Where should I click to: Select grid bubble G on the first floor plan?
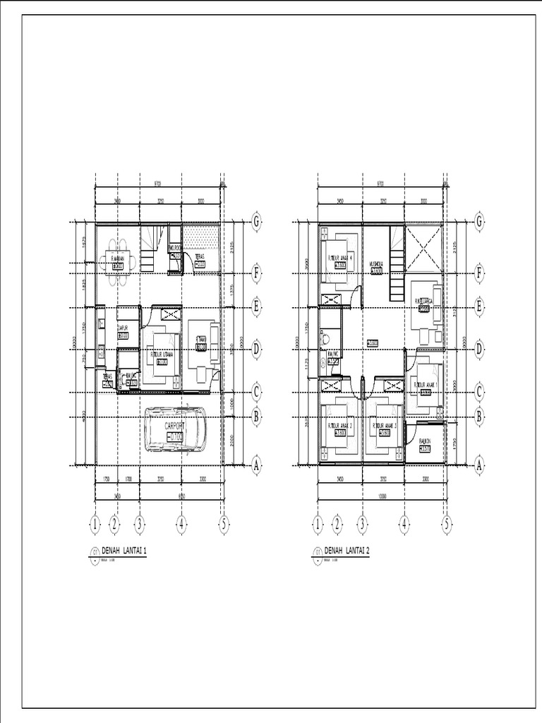pyautogui.click(x=256, y=222)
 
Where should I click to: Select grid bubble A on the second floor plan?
pyautogui.click(x=479, y=465)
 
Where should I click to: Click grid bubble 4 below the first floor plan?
pyautogui.click(x=181, y=524)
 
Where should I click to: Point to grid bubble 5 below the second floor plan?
pyautogui.click(x=446, y=524)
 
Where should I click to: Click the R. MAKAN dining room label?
pyautogui.click(x=118, y=259)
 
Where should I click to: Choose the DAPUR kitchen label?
pyautogui.click(x=122, y=328)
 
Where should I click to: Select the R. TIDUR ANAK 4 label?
pyautogui.click(x=339, y=258)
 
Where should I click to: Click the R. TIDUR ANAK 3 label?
pyautogui.click(x=385, y=426)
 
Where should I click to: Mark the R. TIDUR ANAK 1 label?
pyautogui.click(x=428, y=385)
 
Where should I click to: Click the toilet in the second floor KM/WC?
pyautogui.click(x=325, y=340)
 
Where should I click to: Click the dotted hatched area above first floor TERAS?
pyautogui.click(x=202, y=236)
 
